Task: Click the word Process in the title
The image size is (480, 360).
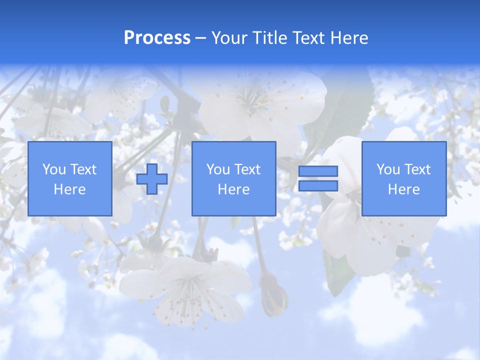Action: tap(157, 37)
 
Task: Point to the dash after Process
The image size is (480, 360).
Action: tap(200, 38)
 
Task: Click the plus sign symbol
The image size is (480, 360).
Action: tap(152, 179)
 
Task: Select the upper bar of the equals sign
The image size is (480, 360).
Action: tap(318, 171)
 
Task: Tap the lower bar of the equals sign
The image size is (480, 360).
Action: tap(318, 186)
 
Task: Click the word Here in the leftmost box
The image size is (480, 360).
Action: tap(69, 189)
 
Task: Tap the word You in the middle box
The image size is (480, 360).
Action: tap(218, 169)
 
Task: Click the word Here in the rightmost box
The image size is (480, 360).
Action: tap(403, 189)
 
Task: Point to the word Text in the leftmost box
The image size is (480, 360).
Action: tap(83, 169)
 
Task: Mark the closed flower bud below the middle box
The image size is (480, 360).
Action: tap(273, 295)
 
